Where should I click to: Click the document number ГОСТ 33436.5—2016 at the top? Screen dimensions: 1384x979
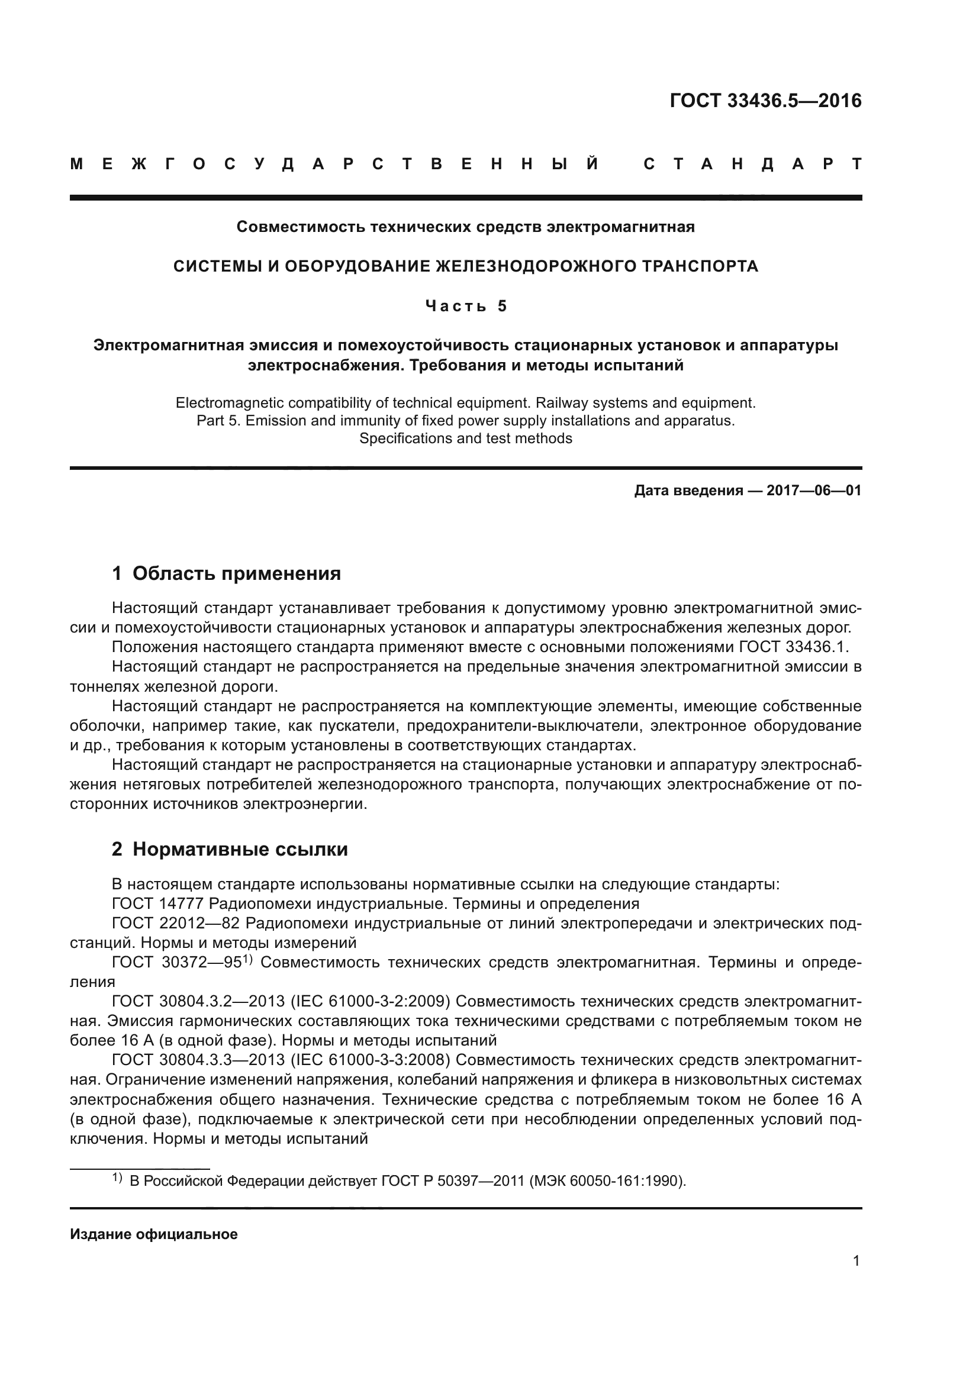click(x=765, y=101)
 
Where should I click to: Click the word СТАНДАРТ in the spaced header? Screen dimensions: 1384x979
click(x=752, y=164)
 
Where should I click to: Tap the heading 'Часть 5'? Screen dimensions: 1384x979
click(x=465, y=307)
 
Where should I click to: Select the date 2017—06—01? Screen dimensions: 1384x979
click(x=813, y=490)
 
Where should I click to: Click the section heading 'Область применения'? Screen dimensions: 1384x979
click(x=236, y=573)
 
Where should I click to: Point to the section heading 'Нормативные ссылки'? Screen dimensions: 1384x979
click(x=240, y=849)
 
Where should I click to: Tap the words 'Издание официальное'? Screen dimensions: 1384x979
click(x=154, y=1234)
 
